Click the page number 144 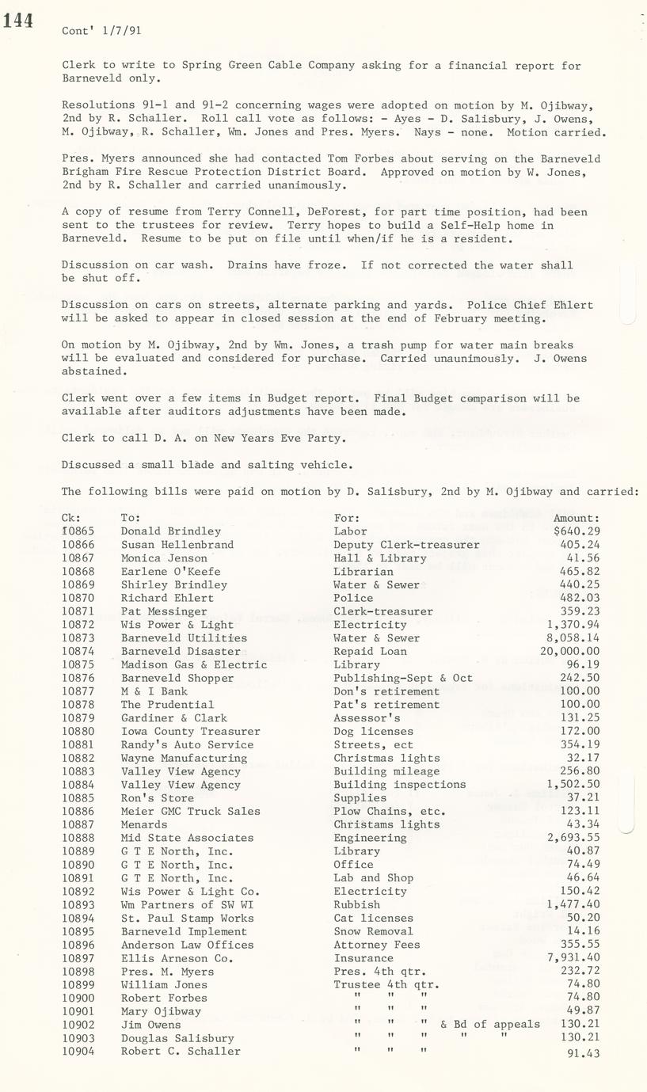17,21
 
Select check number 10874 78,651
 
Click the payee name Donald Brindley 170,531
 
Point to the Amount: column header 577,518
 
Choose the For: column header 346,518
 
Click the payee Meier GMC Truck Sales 190,811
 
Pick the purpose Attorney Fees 376,945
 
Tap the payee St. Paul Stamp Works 187,918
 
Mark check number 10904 78,1052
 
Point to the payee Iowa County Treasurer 190,731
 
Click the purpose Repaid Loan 370,651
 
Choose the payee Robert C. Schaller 181,1052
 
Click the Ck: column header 71,518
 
